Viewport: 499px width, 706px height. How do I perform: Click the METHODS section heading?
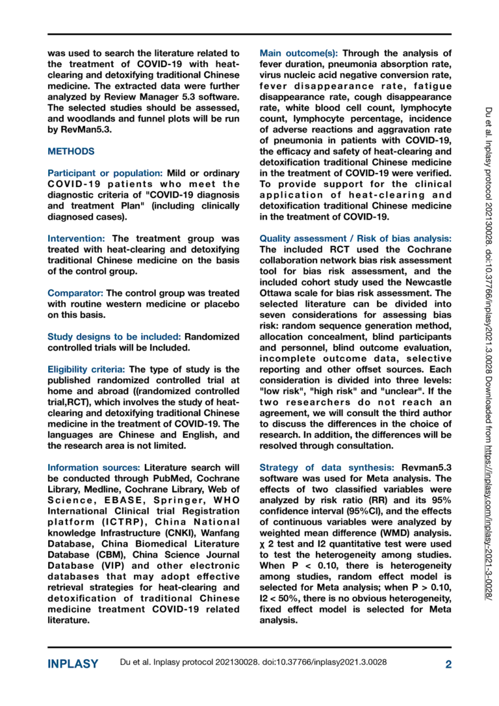click(x=71, y=151)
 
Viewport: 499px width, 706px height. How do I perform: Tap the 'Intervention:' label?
click(x=77, y=239)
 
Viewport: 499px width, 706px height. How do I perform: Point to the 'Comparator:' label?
click(x=75, y=293)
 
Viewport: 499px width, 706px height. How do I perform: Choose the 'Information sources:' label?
click(x=94, y=467)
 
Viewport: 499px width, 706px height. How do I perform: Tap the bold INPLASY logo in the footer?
click(x=73, y=664)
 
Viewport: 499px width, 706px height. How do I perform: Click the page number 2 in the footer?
click(x=448, y=664)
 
